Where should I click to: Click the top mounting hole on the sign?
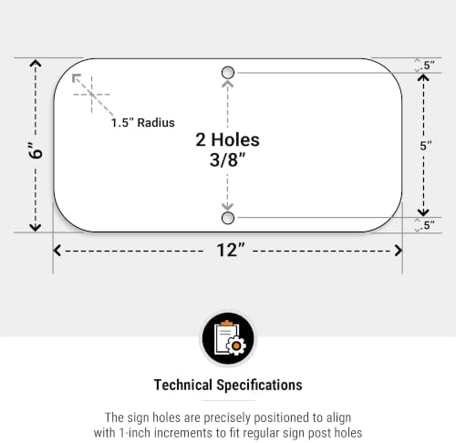pos(228,73)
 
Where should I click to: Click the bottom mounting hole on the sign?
pos(228,218)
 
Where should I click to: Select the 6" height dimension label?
pos(36,149)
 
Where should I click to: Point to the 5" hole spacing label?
pos(426,146)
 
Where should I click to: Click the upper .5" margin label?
pos(428,65)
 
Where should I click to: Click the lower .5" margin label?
pos(428,225)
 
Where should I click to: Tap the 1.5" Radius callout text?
pos(143,123)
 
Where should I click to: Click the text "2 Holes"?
pos(227,139)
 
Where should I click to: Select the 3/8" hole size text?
pos(227,160)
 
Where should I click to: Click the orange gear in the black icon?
pos(236,345)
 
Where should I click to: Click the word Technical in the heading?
pos(183,385)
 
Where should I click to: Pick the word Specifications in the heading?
pos(259,386)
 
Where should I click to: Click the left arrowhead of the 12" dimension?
pos(57,251)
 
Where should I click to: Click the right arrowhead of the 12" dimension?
pos(399,251)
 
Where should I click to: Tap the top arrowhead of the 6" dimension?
pos(36,63)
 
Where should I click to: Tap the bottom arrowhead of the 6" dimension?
pos(36,227)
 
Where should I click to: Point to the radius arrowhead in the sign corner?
pos(76,77)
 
